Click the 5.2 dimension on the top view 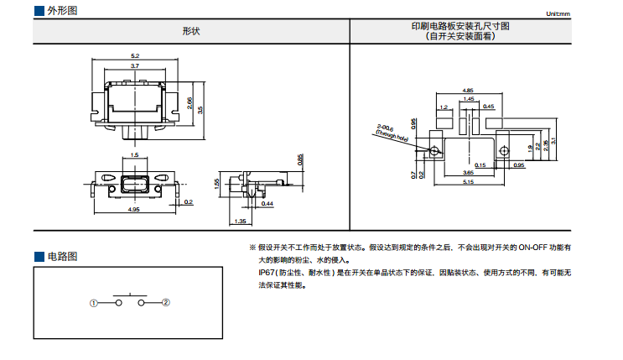point(135,55)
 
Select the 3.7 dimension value point(135,65)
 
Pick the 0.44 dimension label point(267,204)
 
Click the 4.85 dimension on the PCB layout point(468,90)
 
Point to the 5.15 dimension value point(468,182)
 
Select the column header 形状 point(191,31)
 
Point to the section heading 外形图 point(62,10)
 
